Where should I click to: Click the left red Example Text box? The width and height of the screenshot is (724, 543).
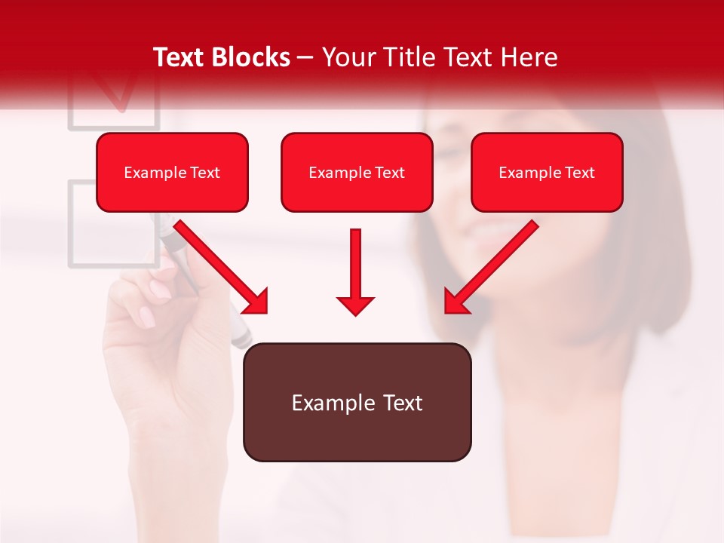(x=172, y=173)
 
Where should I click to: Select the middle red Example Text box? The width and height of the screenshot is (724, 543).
(x=357, y=173)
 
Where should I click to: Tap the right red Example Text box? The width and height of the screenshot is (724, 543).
(x=547, y=173)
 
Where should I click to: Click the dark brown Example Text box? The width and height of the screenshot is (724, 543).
(x=357, y=403)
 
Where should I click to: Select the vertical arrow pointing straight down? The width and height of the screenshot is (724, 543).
(x=355, y=271)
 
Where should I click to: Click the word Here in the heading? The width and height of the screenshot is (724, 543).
(x=530, y=57)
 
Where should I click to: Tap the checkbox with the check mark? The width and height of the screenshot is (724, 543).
(x=114, y=98)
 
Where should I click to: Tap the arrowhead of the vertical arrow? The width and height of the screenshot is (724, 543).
(x=355, y=305)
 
